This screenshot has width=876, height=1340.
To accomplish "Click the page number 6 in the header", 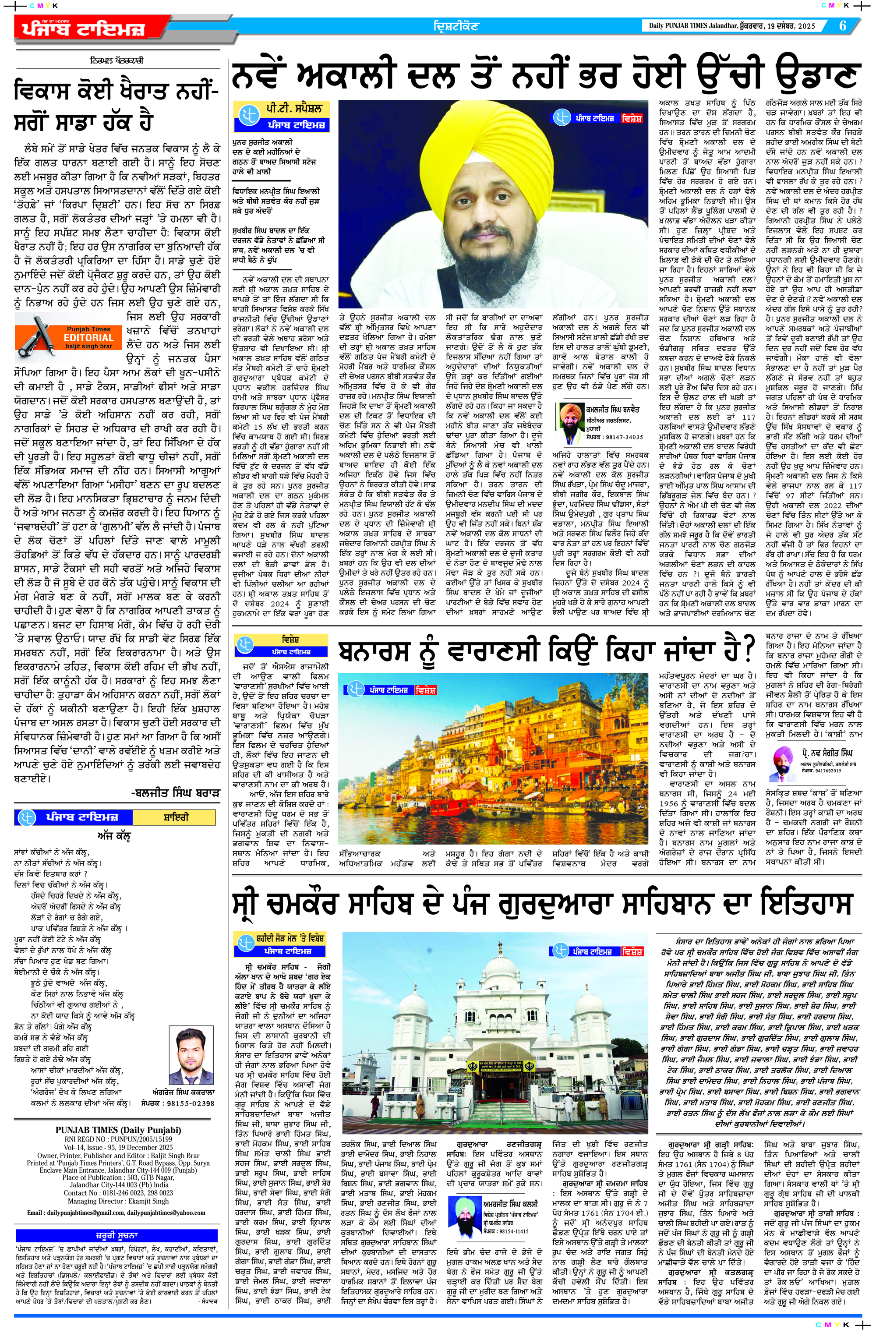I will coord(842,25).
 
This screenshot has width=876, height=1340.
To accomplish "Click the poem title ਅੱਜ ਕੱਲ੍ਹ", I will coord(114,837).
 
